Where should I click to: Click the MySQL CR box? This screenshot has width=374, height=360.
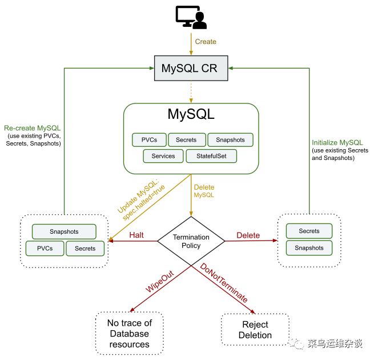pyautogui.click(x=191, y=68)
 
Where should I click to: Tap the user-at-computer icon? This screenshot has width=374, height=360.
pyautogui.click(x=191, y=17)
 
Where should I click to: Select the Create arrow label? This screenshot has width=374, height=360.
pyautogui.click(x=206, y=42)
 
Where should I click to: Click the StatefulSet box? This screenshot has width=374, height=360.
pyautogui.click(x=211, y=156)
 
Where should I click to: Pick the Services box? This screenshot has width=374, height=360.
pyautogui.click(x=163, y=156)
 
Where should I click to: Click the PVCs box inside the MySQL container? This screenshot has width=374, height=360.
pyautogui.click(x=149, y=140)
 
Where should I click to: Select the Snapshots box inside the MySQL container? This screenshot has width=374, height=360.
pyautogui.click(x=231, y=140)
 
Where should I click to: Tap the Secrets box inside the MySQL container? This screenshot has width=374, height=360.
pyautogui.click(x=187, y=140)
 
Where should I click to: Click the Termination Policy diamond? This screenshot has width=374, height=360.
pyautogui.click(x=191, y=241)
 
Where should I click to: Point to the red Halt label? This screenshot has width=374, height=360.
pyautogui.click(x=136, y=235)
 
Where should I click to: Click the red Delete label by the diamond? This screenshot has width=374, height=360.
pyautogui.click(x=248, y=235)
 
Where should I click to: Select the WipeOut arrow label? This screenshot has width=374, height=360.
pyautogui.click(x=159, y=282)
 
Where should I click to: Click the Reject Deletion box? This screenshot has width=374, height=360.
pyautogui.click(x=255, y=330)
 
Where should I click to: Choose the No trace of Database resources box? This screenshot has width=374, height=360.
pyautogui.click(x=130, y=334)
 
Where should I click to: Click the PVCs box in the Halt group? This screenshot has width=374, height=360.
pyautogui.click(x=45, y=249)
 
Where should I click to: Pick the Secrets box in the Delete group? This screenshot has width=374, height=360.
pyautogui.click(x=309, y=231)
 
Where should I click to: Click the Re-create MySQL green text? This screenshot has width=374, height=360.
pyautogui.click(x=33, y=128)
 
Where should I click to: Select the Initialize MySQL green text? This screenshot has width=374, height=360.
pyautogui.click(x=337, y=143)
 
